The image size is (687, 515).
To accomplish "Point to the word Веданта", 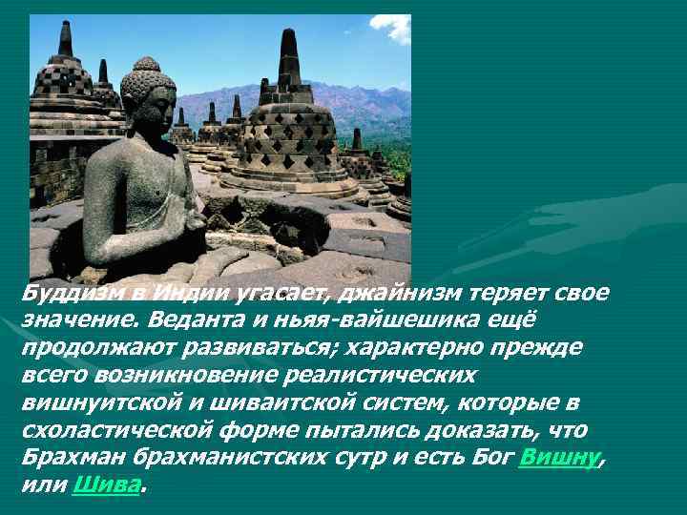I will click(x=197, y=319).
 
